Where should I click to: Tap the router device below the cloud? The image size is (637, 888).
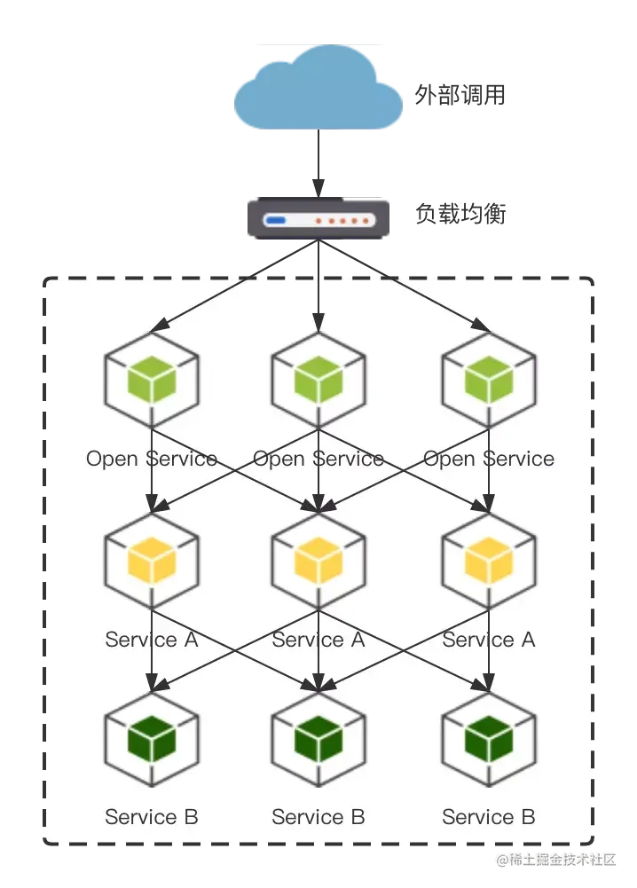pos(318,219)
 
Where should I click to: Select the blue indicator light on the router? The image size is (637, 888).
pos(276,219)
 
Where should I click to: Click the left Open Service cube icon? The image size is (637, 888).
pos(152,380)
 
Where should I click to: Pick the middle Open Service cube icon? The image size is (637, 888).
pos(318,380)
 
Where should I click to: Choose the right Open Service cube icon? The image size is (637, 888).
pos(489,380)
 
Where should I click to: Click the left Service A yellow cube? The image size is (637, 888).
pos(152,560)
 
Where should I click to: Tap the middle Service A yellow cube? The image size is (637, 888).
pos(318,560)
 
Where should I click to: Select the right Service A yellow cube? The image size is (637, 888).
pos(489,560)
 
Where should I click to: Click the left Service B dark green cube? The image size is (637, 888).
pos(152,737)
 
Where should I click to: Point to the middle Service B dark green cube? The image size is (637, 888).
pos(318,737)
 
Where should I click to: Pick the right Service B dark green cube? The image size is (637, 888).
pos(489,737)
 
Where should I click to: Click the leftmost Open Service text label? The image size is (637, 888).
pos(152,459)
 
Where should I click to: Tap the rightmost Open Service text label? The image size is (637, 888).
pos(489,459)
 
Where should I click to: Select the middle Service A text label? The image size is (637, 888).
pos(318,640)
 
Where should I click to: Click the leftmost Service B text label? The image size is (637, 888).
pos(152,817)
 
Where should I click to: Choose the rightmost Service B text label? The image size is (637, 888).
pos(489,817)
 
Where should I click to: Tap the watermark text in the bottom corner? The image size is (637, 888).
pos(556,859)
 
